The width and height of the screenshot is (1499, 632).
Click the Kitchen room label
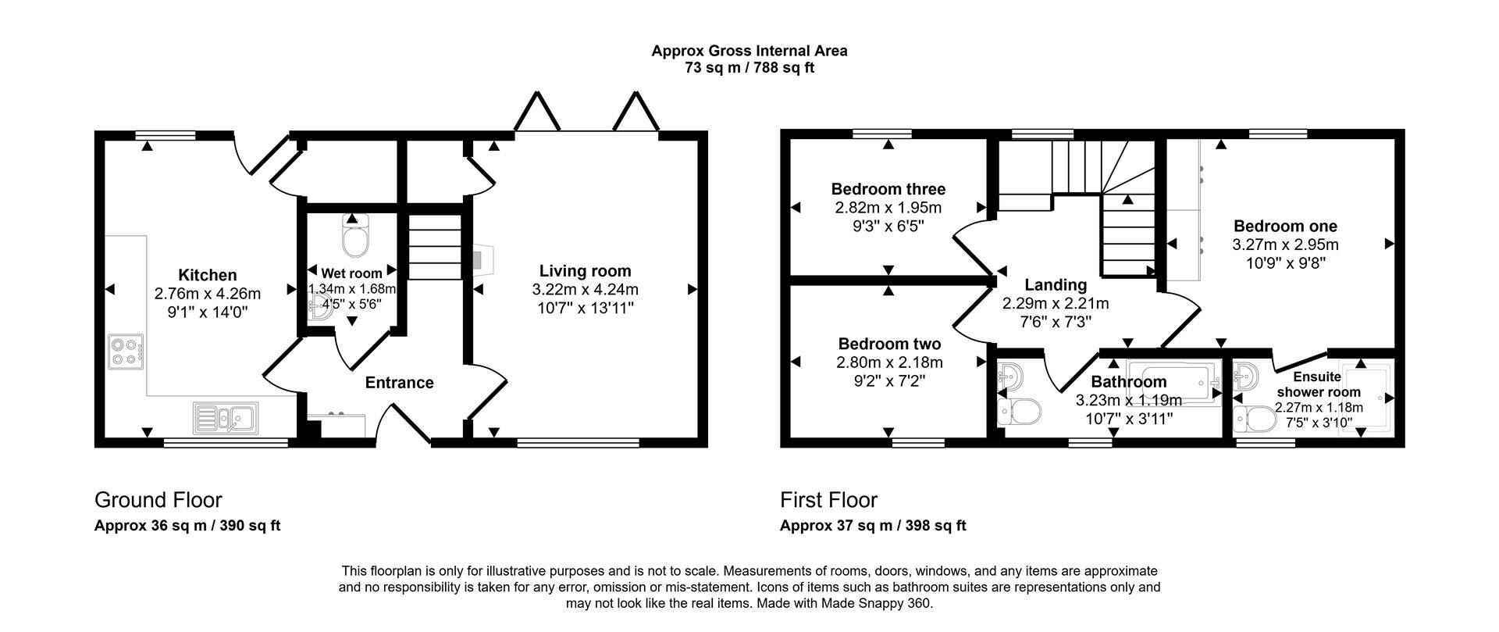click(207, 275)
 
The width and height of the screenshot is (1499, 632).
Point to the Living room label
click(585, 271)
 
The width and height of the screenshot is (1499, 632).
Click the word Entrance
click(399, 383)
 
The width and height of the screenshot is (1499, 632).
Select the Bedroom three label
click(888, 189)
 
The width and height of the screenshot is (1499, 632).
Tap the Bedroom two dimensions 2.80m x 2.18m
click(889, 362)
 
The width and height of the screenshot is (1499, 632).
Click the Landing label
click(1056, 285)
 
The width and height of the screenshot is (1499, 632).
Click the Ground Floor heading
click(158, 500)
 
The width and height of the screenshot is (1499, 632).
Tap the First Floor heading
click(828, 500)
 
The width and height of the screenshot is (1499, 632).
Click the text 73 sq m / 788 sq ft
click(749, 68)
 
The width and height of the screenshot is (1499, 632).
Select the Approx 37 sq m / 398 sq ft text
click(872, 526)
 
